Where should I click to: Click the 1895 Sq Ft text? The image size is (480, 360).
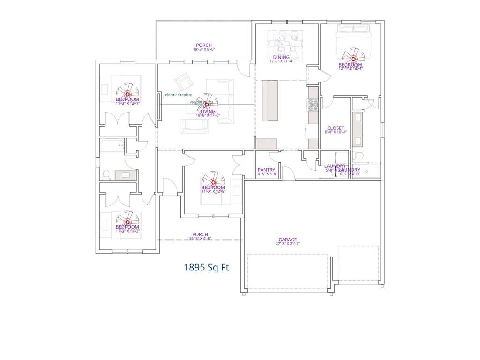click(x=206, y=268)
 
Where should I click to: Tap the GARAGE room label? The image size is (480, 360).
click(x=287, y=240)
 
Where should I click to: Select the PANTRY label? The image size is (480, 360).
click(x=266, y=170)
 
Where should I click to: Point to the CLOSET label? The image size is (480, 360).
click(x=335, y=128)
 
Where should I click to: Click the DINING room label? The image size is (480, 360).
click(x=281, y=57)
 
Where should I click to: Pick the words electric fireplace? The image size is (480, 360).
click(x=179, y=95)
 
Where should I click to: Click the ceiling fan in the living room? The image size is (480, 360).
click(x=207, y=105)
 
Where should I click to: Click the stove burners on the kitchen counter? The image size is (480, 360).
click(x=313, y=104)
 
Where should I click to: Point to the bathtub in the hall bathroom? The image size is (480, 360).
click(x=112, y=146)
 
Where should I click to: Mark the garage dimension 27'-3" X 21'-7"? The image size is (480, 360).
click(x=287, y=244)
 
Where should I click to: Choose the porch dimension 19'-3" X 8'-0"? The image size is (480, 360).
click(x=204, y=49)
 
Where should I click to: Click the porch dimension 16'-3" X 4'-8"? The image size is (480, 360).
click(x=200, y=239)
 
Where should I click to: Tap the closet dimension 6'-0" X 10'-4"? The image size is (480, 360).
click(x=335, y=132)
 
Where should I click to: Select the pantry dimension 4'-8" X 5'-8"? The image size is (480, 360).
click(x=267, y=174)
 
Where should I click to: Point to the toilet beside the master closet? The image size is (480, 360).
click(x=359, y=154)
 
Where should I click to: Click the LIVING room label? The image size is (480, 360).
click(x=208, y=112)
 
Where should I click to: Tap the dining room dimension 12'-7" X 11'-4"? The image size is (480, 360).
click(x=281, y=61)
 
